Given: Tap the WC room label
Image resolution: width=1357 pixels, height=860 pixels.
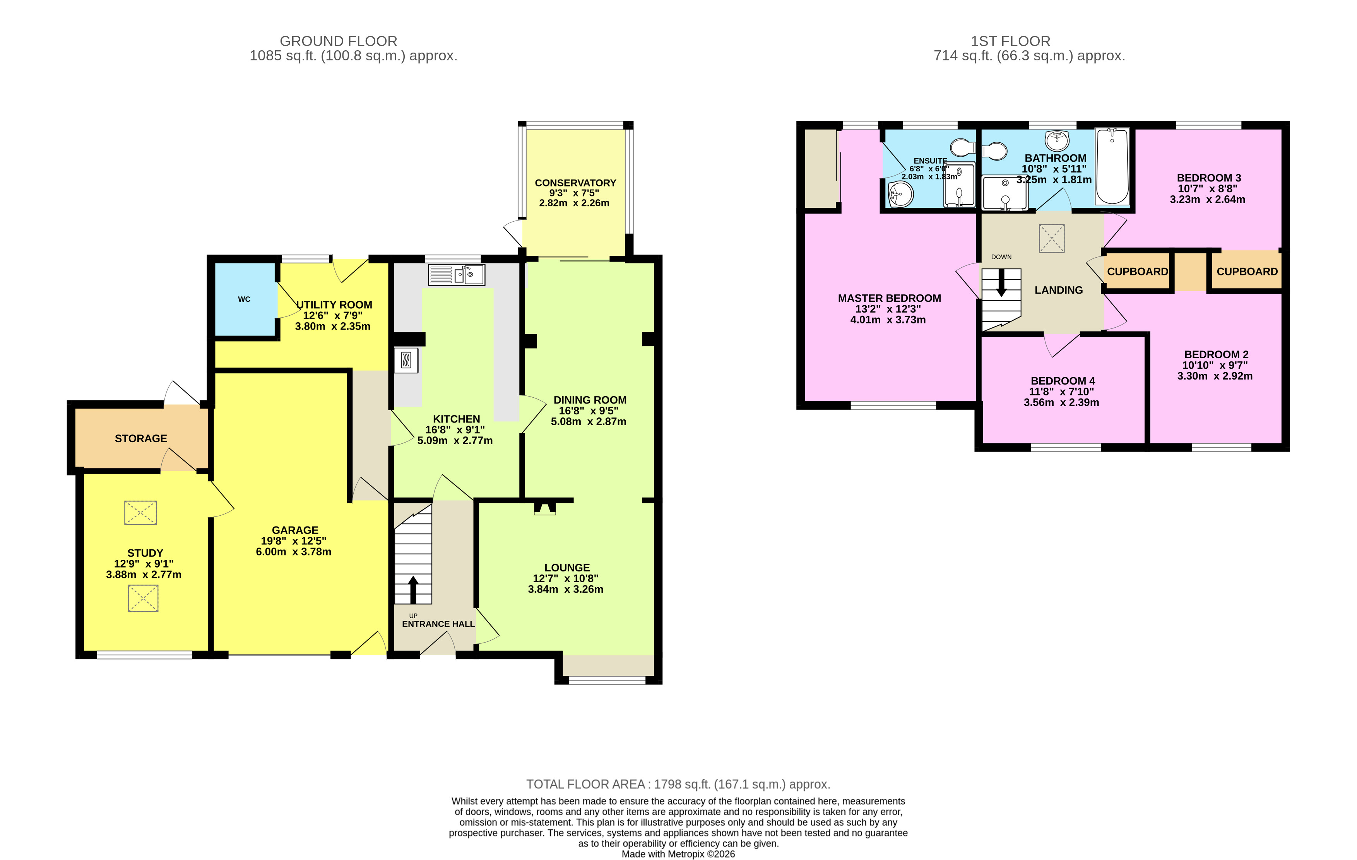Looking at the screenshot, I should (244, 299).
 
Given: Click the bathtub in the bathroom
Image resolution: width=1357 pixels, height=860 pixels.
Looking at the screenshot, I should (1112, 166).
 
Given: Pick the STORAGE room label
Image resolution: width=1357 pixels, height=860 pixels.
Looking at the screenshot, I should (141, 438).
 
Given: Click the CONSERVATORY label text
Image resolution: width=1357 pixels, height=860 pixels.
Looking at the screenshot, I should (575, 183).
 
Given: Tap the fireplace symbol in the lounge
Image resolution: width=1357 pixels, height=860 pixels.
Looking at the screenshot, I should (544, 508).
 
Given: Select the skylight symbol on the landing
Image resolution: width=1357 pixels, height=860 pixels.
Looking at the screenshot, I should (1052, 238).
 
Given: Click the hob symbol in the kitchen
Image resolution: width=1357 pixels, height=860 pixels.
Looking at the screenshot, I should (406, 360).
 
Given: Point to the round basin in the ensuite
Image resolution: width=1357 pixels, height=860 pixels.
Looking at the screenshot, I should (900, 195).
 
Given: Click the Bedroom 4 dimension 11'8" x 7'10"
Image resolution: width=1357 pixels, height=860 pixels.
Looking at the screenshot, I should (1061, 392).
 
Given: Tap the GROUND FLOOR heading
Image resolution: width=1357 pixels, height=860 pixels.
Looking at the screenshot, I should (338, 41).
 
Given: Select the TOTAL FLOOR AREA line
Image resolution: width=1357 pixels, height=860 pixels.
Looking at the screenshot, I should (678, 784).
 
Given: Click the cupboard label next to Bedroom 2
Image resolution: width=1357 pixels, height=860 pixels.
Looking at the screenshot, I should (1247, 272).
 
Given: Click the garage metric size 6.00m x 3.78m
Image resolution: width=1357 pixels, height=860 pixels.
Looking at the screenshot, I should (294, 552).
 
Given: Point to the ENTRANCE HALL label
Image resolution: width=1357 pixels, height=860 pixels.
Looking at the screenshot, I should (438, 624).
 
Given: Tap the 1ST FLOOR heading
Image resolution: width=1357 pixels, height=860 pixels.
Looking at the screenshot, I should (1010, 41).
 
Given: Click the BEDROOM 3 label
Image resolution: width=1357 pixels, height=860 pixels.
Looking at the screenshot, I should (1208, 178).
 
